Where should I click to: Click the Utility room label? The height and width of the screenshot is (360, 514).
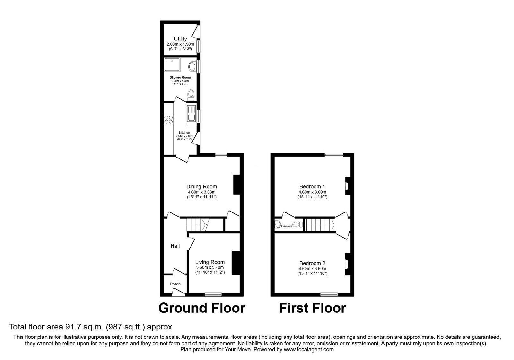click(x=180, y=39)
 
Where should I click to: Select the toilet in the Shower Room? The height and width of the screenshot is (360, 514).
click(x=191, y=94)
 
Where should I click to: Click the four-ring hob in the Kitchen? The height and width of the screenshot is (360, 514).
click(x=168, y=120)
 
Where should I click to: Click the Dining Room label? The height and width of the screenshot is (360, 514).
click(x=201, y=186)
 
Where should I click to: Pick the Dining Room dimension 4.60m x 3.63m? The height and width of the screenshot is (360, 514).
click(x=201, y=192)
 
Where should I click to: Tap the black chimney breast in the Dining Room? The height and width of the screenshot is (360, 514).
click(x=236, y=184)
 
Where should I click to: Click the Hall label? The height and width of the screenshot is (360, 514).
click(x=175, y=246)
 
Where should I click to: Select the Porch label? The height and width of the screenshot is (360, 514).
click(x=175, y=284)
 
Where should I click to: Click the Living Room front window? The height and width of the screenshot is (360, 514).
click(x=213, y=294)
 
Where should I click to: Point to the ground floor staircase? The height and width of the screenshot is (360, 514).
click(x=198, y=224)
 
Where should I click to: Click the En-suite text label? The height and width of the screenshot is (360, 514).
click(x=287, y=226)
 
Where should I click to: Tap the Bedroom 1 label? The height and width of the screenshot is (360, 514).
click(x=312, y=186)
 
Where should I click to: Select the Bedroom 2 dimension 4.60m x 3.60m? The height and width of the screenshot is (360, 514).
click(x=312, y=269)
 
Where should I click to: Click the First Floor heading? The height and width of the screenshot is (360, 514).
click(x=312, y=308)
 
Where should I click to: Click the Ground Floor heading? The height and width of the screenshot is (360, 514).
click(x=202, y=308)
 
